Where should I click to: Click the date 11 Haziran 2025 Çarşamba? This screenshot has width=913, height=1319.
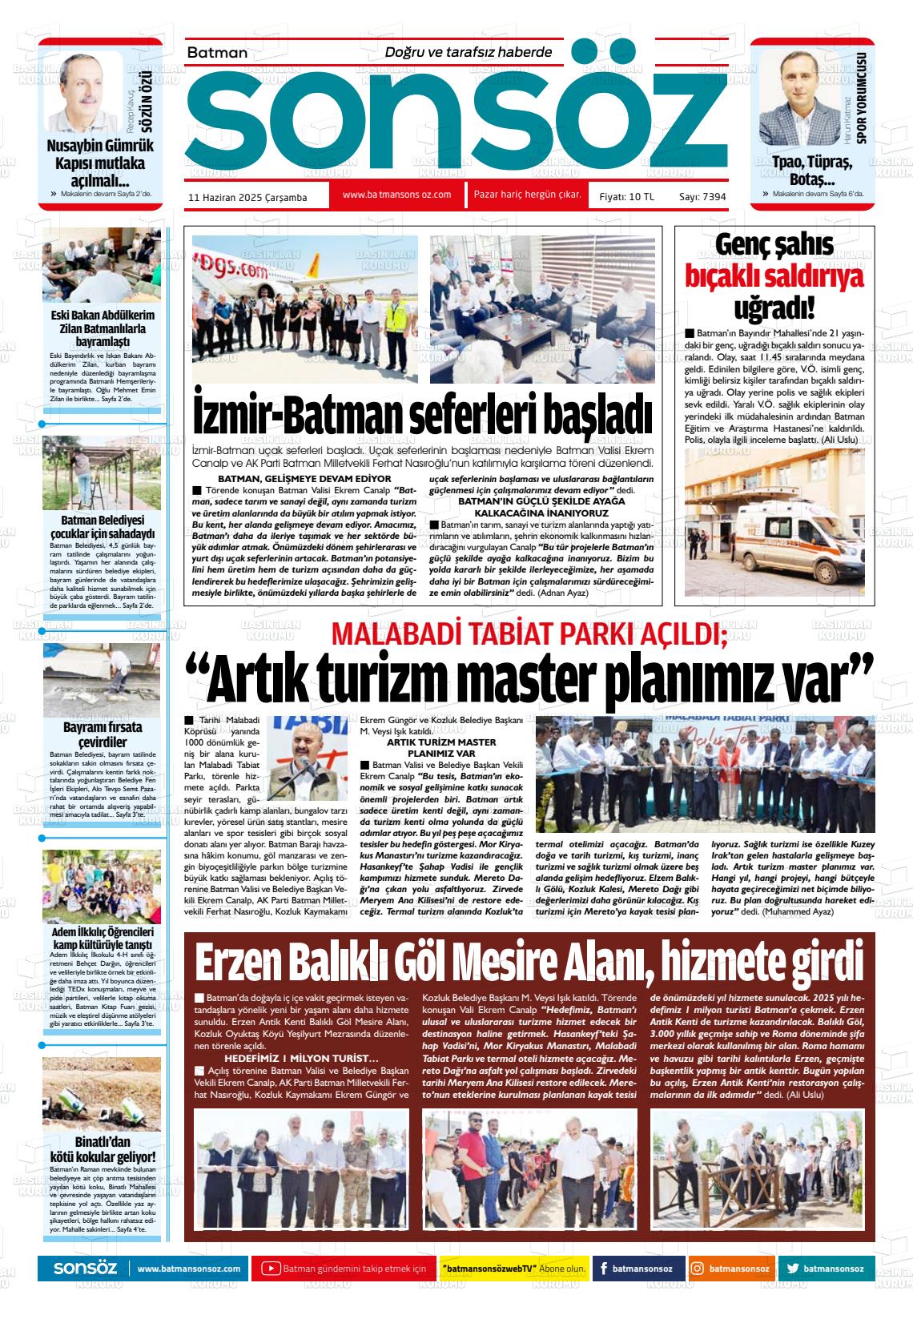coord(247,197)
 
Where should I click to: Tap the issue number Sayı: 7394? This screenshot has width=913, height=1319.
coord(702,196)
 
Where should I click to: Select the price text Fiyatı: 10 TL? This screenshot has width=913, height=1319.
coord(626,196)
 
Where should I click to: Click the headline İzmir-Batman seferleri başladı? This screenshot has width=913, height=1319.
coord(423,415)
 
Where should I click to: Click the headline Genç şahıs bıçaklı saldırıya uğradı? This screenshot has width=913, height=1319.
coord(774,276)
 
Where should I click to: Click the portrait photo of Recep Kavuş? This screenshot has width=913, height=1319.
coord(83,95)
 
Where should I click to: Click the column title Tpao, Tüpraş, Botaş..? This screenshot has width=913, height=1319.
coord(813,171)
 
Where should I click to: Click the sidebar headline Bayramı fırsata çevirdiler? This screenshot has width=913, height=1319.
coord(102,734)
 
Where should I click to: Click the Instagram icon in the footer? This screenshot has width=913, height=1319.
coord(698,1269)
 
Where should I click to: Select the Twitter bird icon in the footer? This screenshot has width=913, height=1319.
coord(792,1269)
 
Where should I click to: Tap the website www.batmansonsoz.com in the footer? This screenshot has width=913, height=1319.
coord(189,1269)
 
